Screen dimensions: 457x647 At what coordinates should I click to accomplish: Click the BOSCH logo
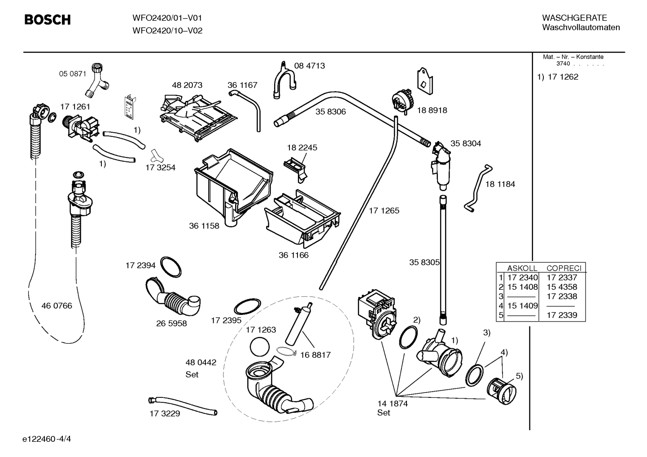[x=47, y=20]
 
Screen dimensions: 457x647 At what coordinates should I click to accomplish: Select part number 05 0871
[x=73, y=74]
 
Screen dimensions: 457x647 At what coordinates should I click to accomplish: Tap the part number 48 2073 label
[x=187, y=85]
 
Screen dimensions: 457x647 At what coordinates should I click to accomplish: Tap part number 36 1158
[x=204, y=226]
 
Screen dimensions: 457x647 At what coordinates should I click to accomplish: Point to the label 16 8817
[x=315, y=355]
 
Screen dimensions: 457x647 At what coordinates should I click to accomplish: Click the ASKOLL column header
[x=522, y=268]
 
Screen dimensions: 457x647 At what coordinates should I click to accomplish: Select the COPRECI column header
[x=564, y=268]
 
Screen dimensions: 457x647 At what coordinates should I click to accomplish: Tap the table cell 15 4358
[x=562, y=287]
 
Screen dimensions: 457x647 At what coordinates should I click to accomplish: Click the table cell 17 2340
[x=522, y=278]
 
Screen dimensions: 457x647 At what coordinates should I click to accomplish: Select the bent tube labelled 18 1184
[x=477, y=189]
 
